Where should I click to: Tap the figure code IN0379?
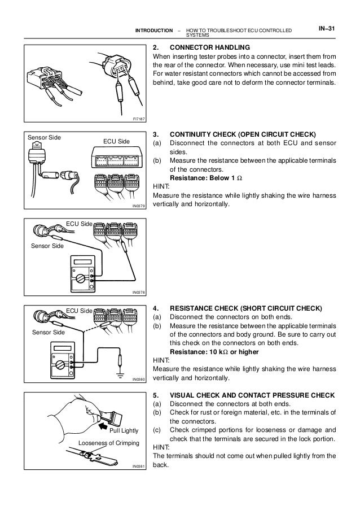pos(139,207)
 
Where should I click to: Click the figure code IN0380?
pos(139,380)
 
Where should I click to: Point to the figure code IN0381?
pos(139,466)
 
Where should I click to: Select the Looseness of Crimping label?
pos(108,443)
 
